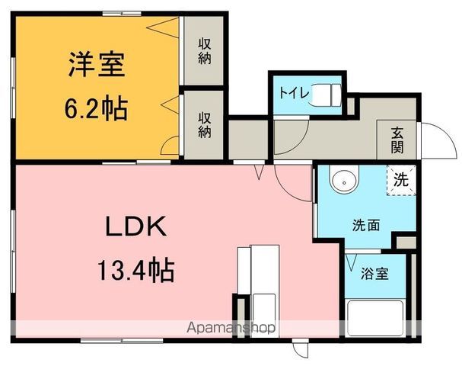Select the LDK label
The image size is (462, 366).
tap(135, 226)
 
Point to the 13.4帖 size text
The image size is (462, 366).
tap(135, 269)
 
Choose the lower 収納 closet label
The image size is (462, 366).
tap(205, 123)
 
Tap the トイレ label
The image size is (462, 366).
tap(293, 93)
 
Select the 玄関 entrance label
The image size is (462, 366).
tap(398, 139)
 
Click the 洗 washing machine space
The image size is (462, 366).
tap(401, 181)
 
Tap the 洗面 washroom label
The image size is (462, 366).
tap(365, 226)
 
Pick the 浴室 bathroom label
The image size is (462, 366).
tap(374, 272)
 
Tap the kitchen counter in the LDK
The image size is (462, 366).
tap(259, 282)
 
